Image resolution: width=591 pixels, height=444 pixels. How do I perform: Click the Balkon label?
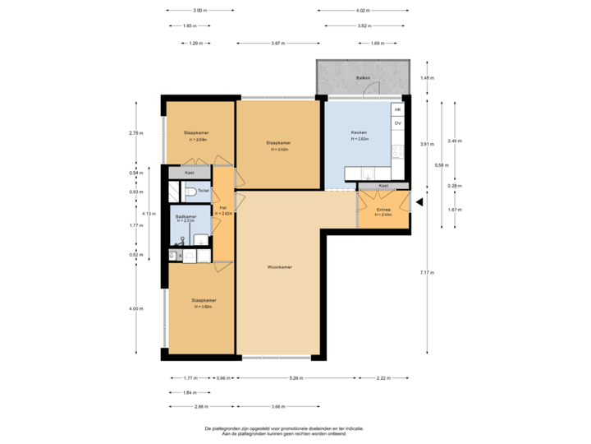pyautogui.click(x=363, y=78)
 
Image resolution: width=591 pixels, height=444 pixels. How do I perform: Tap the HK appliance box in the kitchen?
pyautogui.click(x=398, y=109)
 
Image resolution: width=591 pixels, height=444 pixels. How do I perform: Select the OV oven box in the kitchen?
pyautogui.click(x=398, y=123)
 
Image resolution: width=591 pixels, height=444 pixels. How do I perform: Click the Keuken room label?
pyautogui.click(x=359, y=132)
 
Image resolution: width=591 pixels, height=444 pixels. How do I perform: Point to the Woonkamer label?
pyautogui.click(x=280, y=267)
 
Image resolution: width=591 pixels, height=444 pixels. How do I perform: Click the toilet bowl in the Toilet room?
pyautogui.click(x=190, y=192)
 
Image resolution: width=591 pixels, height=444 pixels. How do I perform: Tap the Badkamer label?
pyautogui.click(x=186, y=216)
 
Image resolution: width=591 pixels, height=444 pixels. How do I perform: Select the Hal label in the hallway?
pyautogui.click(x=222, y=208)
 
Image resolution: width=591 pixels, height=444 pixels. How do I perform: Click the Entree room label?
pyautogui.click(x=383, y=210)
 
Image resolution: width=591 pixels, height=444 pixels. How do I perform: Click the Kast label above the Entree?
pyautogui.click(x=383, y=186)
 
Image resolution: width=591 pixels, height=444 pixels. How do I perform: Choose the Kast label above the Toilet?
pyautogui.click(x=190, y=173)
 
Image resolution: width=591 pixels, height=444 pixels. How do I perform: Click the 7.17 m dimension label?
pyautogui.click(x=426, y=272)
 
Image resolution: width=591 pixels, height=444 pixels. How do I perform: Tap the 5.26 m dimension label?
pyautogui.click(x=296, y=378)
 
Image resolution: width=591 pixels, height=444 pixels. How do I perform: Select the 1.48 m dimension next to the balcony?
pyautogui.click(x=426, y=78)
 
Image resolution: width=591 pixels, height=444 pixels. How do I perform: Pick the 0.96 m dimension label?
pyautogui.click(x=222, y=378)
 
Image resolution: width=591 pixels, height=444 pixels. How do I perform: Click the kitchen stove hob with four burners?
pyautogui.click(x=398, y=151)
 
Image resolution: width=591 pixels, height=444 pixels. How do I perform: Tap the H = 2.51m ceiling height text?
pyautogui.click(x=186, y=221)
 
